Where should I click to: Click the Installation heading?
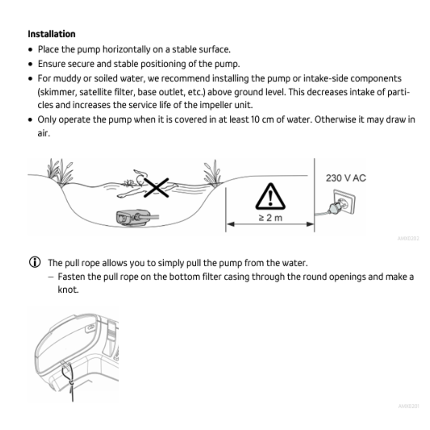pyautogui.click(x=51, y=34)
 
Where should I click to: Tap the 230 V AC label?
pyautogui.click(x=345, y=178)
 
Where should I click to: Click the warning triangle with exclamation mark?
pyautogui.click(x=271, y=197)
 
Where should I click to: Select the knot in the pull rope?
pyautogui.click(x=71, y=383)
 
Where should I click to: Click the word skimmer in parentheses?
pyautogui.click(x=54, y=92)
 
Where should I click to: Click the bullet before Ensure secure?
pyautogui.click(x=31, y=64)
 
